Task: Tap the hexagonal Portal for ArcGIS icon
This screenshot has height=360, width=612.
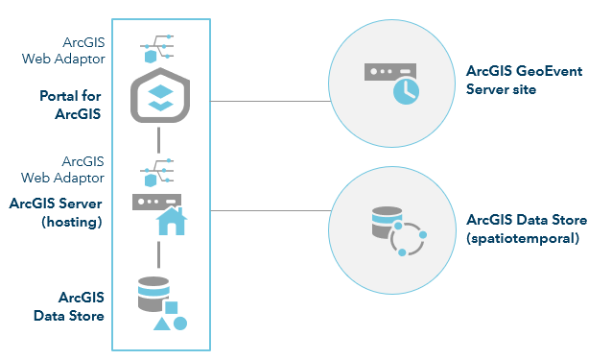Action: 158,96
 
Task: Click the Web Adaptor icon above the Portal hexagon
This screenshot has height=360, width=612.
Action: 158,47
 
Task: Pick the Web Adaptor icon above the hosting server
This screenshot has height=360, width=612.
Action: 158,173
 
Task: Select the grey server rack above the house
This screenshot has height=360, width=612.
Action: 156,203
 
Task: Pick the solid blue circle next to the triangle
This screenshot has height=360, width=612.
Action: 179,324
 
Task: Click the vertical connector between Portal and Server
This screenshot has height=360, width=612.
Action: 158,142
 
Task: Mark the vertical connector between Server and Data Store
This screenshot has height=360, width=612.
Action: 158,253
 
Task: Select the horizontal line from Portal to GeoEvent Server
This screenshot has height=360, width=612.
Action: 269,100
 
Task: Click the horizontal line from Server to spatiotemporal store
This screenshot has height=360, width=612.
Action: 269,210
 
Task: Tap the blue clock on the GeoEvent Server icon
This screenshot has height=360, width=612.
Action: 407,90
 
